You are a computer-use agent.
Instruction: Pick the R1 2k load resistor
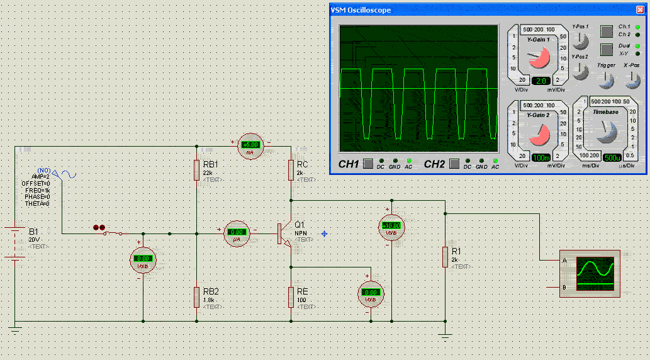(445, 257)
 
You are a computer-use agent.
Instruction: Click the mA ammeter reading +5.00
(251, 146)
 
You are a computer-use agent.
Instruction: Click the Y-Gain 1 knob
(538, 59)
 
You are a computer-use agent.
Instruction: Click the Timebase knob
(607, 130)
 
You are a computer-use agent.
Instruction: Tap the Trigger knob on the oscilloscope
(607, 79)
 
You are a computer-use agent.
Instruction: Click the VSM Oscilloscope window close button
(639, 10)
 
